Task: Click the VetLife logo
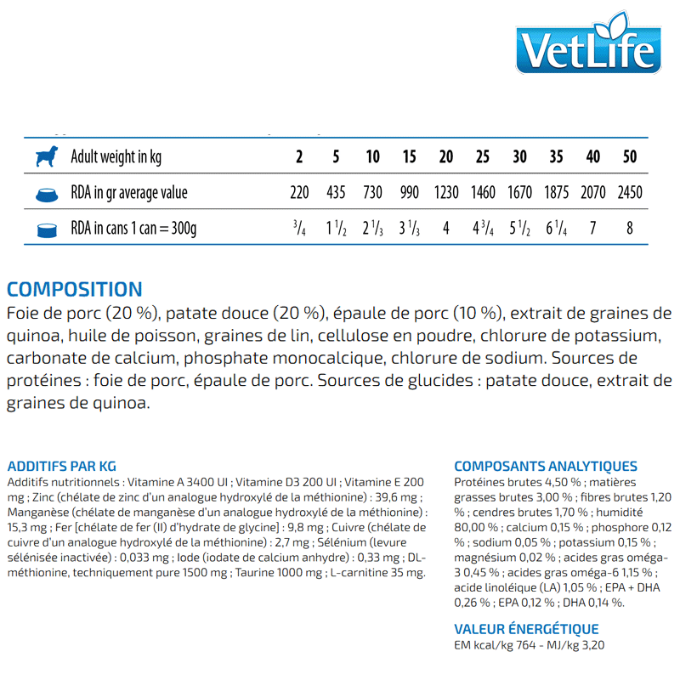coord(588,48)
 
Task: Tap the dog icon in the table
coord(47,156)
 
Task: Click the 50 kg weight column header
coord(629,157)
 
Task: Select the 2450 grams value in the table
coord(630,193)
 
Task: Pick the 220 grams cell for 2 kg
coord(299,193)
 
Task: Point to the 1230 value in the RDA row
coord(445,193)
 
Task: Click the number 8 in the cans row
coord(630,229)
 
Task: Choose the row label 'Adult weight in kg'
coord(116,157)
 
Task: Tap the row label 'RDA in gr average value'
coord(129,193)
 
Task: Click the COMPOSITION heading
coord(75,290)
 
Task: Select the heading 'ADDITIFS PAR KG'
coord(61,466)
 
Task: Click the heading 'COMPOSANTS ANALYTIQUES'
coord(546,466)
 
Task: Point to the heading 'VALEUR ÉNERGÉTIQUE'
coord(526,629)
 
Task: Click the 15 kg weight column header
coord(409,157)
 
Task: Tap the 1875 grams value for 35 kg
coord(557,193)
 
